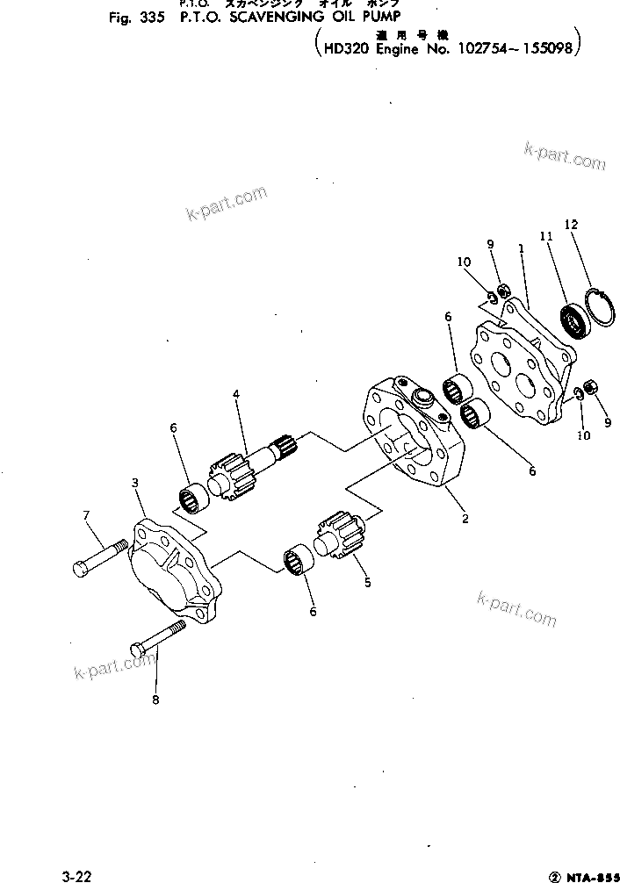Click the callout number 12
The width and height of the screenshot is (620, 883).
tap(571, 225)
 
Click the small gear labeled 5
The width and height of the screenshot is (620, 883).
tap(338, 534)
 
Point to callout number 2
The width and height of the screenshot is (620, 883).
tap(465, 518)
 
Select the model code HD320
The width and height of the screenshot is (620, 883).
tap(347, 50)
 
